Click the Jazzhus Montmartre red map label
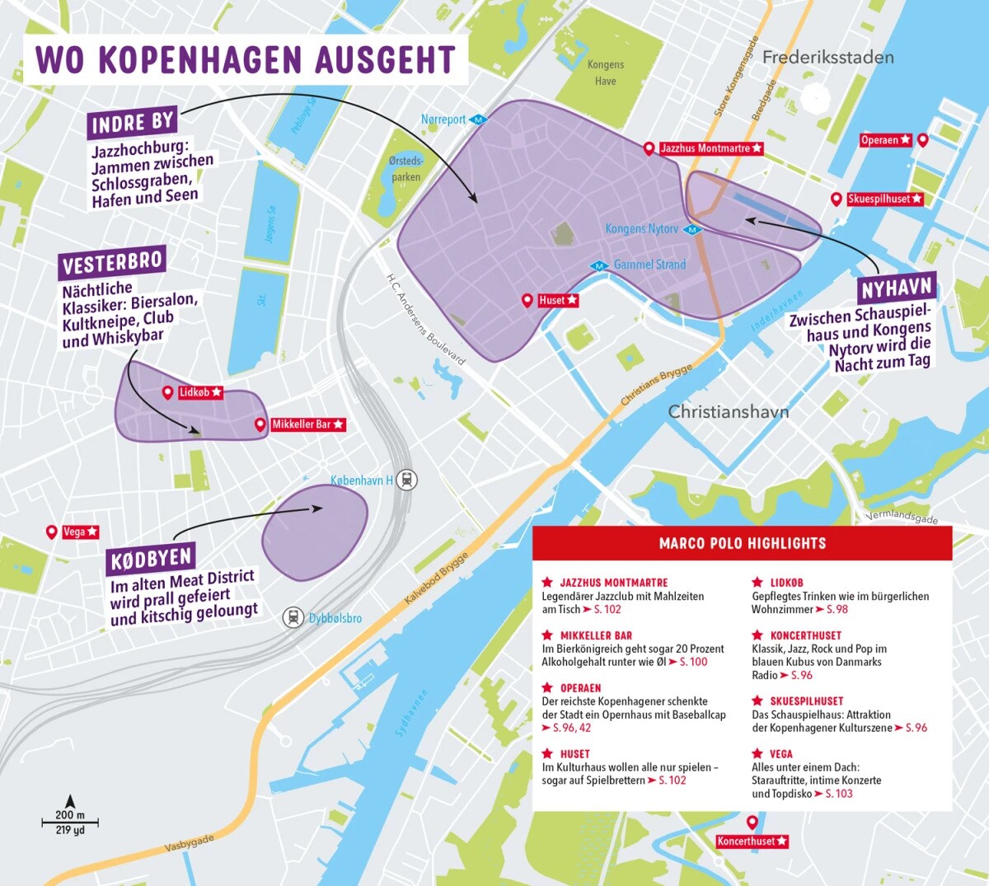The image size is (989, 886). click(x=711, y=148)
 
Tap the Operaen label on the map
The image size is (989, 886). click(x=886, y=140)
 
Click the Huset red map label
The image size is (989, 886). click(x=558, y=301)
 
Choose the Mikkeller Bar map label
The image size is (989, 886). click(x=307, y=424)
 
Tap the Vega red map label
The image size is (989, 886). click(x=81, y=532)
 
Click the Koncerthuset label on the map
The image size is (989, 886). click(x=752, y=841)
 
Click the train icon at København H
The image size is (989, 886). click(x=406, y=480)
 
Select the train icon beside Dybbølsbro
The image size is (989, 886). click(x=293, y=617)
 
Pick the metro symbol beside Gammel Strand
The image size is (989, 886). click(x=599, y=265)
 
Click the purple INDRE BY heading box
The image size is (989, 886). click(x=133, y=124)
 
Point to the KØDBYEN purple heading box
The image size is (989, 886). click(x=151, y=560)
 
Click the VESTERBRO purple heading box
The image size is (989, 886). click(x=113, y=263)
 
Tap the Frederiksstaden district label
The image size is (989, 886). click(x=827, y=58)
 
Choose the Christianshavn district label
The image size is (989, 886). click(x=728, y=411)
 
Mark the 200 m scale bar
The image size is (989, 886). click(x=70, y=822)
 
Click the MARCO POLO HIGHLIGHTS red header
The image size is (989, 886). click(x=742, y=543)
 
